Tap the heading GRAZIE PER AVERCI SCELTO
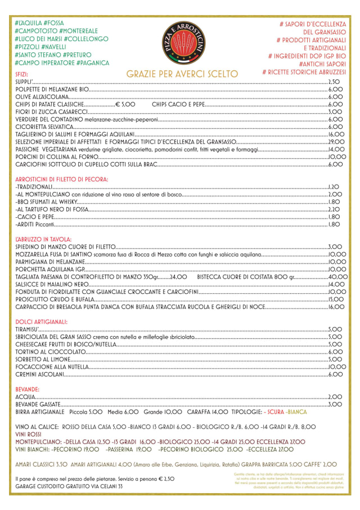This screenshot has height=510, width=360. click(x=182, y=74)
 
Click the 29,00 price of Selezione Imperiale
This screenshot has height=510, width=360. click(x=335, y=142)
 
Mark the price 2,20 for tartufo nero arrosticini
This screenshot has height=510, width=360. click(x=335, y=209)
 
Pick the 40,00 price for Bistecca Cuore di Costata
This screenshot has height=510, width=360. click(x=337, y=277)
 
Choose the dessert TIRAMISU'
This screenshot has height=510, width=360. click(x=28, y=329)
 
